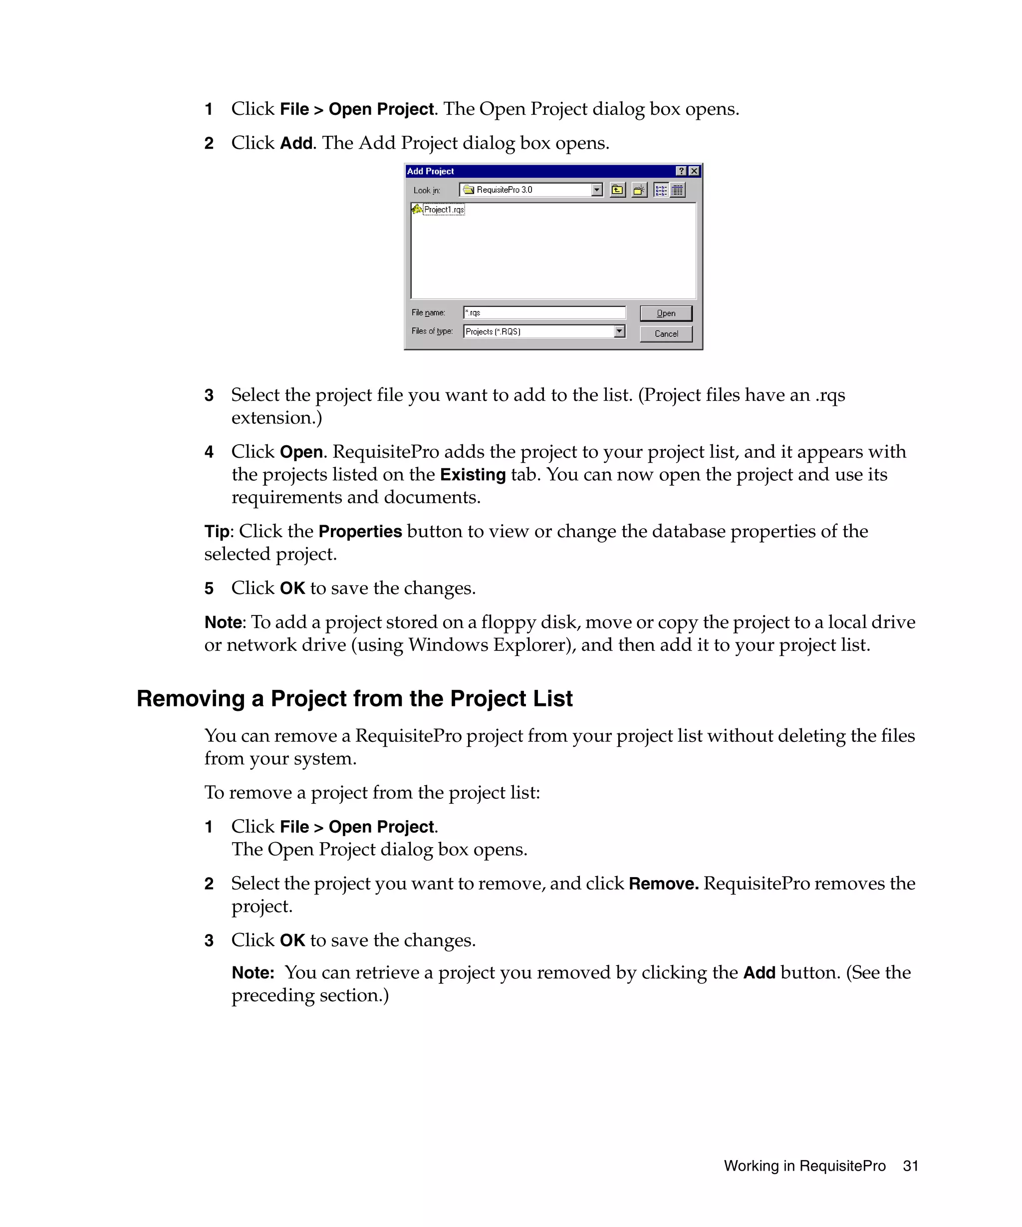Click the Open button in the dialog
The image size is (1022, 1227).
(665, 313)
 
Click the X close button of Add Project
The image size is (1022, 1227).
(694, 171)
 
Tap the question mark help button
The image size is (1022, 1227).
(681, 171)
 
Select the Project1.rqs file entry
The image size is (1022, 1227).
(443, 209)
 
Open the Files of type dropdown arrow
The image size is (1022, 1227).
(619, 331)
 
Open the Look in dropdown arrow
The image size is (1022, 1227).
(596, 190)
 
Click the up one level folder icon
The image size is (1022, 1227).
(617, 190)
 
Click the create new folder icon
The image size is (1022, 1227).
(639, 190)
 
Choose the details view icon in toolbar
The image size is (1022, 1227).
(678, 190)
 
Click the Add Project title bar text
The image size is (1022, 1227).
(431, 171)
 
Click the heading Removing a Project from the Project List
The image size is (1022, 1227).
(354, 699)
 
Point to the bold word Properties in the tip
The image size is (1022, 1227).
(360, 531)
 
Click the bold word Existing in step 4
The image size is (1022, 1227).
(473, 474)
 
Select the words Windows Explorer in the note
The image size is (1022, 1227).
(488, 645)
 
